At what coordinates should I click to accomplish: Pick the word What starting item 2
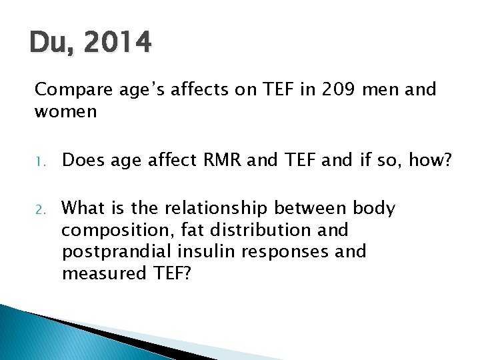tap(84, 209)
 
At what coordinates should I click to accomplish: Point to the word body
tap(374, 209)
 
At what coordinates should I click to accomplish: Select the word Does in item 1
tap(85, 159)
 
